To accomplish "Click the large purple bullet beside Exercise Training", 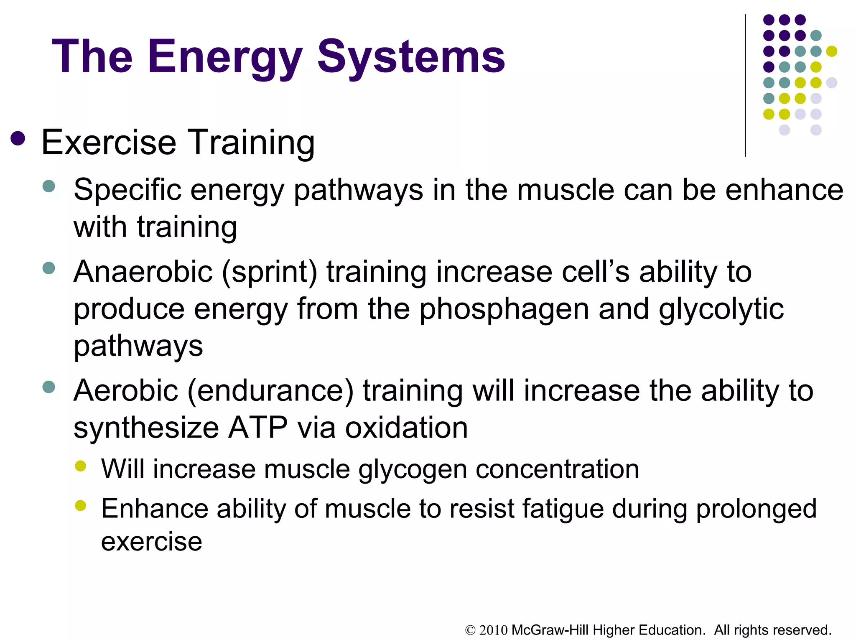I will [x=18, y=139].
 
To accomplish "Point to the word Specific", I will [x=127, y=190].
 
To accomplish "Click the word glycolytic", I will [x=721, y=309].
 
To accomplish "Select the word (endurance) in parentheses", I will [x=270, y=391].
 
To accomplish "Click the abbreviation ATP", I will [x=257, y=428].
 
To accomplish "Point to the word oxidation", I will [x=406, y=428].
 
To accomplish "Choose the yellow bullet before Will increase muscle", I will [x=80, y=466].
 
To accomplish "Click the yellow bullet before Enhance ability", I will [x=80, y=506].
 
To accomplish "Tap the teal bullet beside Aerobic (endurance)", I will [x=49, y=387].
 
